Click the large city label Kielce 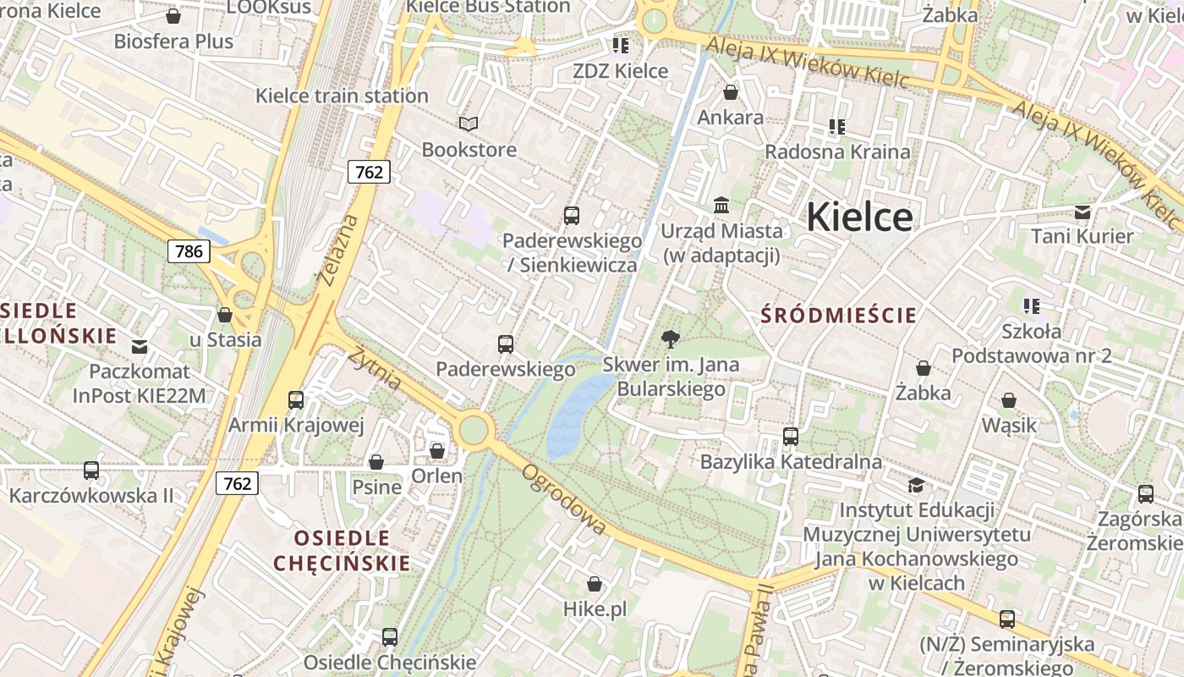point(859,217)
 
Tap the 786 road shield point(189,251)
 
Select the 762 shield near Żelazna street point(369,173)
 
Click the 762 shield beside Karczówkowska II point(237,483)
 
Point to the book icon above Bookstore point(469,124)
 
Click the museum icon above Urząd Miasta point(721,205)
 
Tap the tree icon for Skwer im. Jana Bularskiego point(671,340)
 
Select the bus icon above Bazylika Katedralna point(791,437)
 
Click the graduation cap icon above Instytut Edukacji point(916,485)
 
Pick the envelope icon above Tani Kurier point(1083,212)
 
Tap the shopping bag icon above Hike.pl point(595,584)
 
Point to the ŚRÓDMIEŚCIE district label point(838,316)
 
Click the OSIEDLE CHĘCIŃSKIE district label point(342,550)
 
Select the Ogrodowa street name point(565,499)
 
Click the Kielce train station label point(342,96)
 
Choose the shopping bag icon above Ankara point(731,92)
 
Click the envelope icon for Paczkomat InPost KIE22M point(140,346)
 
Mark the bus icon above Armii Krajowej point(296,399)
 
